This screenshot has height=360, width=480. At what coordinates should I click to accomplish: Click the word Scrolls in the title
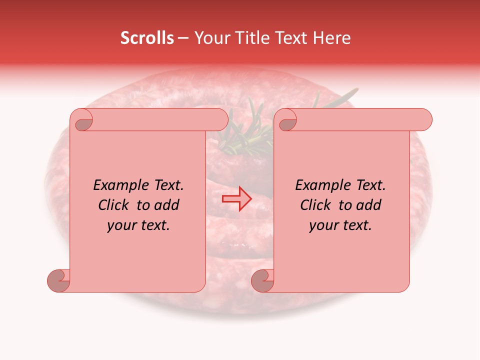(x=147, y=38)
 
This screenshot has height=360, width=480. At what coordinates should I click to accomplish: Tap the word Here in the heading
(x=332, y=38)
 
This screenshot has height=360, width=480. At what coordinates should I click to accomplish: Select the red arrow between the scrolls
(x=236, y=199)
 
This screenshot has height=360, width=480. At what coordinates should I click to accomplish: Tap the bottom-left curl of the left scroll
(x=58, y=280)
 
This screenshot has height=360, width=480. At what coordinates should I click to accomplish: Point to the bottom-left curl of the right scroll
(x=262, y=280)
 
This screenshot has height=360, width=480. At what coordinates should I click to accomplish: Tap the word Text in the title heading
(x=292, y=38)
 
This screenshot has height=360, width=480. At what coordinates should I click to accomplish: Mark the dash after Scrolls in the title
(x=183, y=38)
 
